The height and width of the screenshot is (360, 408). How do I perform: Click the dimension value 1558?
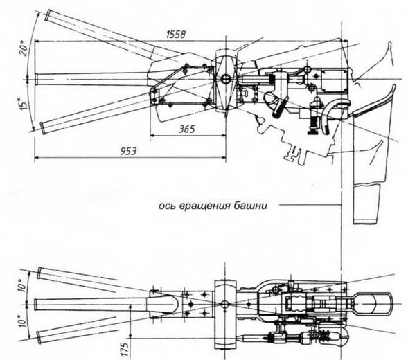pos(176,35)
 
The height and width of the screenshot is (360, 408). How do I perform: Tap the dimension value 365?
pos(186,129)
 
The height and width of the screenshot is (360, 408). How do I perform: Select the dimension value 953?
pos(128,151)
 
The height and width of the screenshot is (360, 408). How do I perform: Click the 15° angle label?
pos(24,104)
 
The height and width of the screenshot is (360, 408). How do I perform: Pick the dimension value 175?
pos(125,350)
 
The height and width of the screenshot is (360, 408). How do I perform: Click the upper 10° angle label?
pos(23,286)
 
